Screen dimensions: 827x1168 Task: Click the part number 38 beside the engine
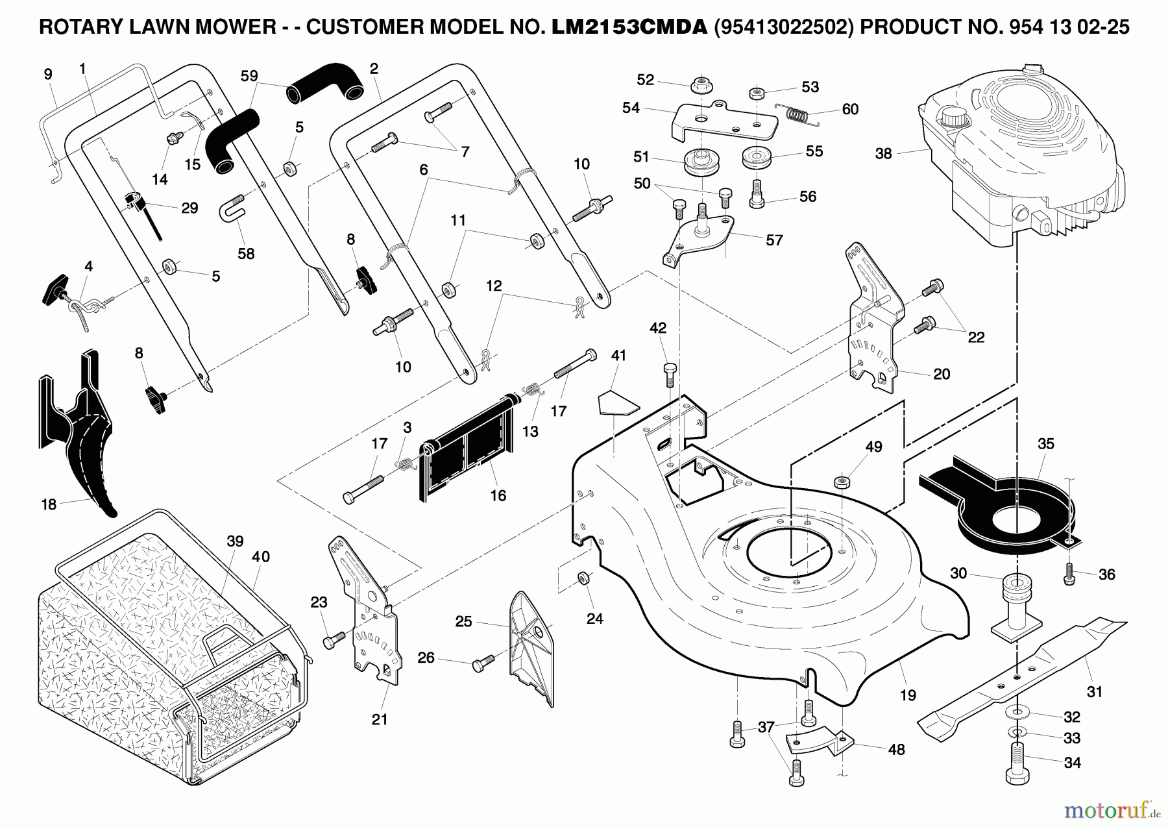pyautogui.click(x=883, y=154)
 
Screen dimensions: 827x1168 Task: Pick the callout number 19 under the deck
pyautogui.click(x=908, y=695)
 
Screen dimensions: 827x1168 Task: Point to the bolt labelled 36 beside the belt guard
pyautogui.click(x=1070, y=572)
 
